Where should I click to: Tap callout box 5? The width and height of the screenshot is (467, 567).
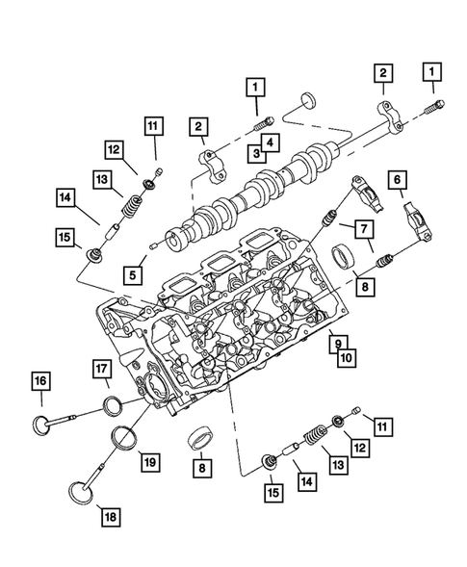point(135,273)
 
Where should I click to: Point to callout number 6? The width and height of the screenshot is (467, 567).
point(396,180)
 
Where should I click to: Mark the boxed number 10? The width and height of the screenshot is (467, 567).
point(343,357)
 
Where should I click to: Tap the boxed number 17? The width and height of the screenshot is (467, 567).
point(103,367)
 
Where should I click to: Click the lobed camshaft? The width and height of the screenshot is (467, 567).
point(250,186)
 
